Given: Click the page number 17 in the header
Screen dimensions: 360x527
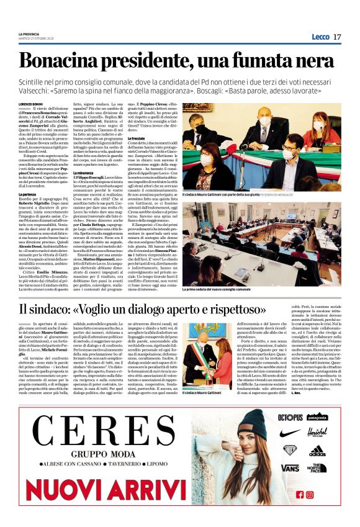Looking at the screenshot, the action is click(337, 37).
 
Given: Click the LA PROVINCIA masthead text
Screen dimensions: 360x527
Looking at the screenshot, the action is click(29, 34).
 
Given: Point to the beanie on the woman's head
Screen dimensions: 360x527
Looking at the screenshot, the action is click(254, 423).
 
